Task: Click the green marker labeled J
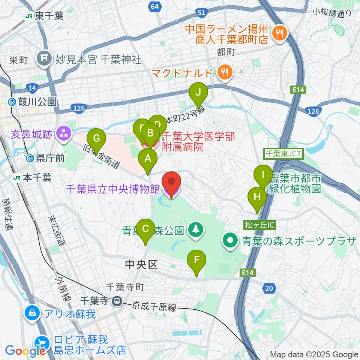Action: click(199, 92)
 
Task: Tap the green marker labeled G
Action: click(96, 139)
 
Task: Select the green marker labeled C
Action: click(146, 229)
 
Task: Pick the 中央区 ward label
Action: click(141, 265)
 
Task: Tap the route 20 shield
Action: click(269, 288)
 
